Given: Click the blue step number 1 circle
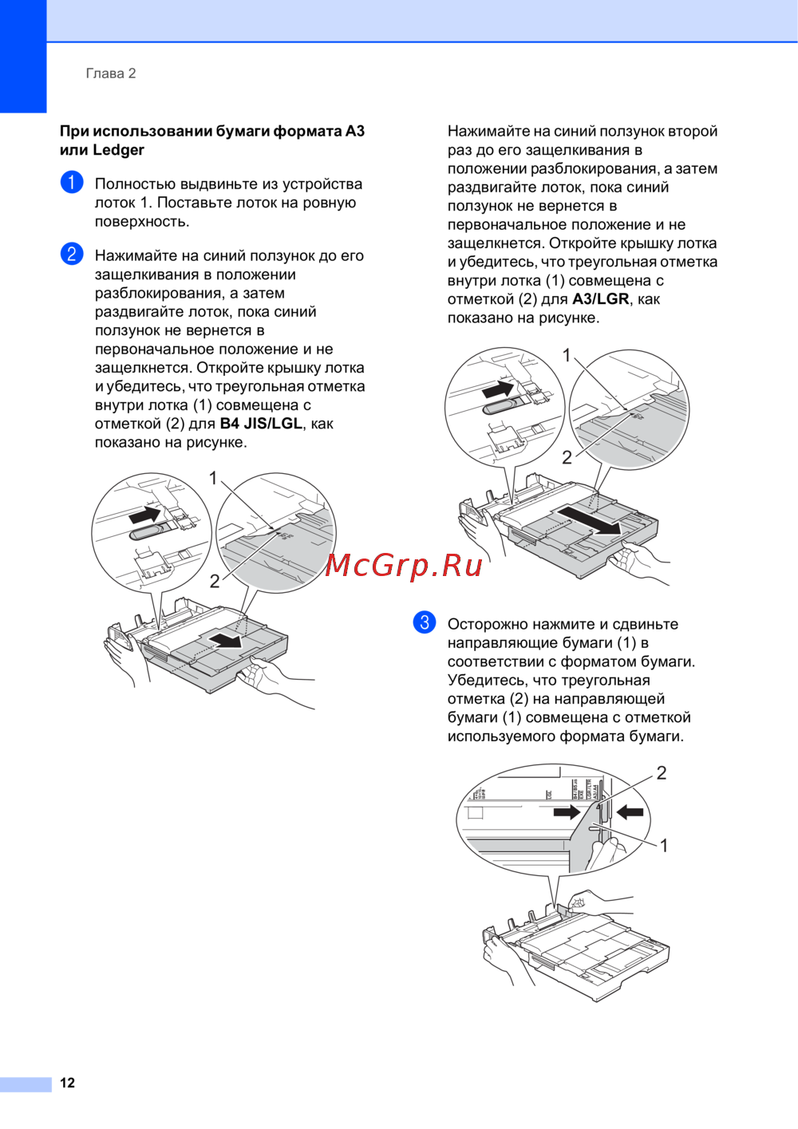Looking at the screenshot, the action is click(x=72, y=182).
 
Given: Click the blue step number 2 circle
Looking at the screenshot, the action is click(x=72, y=254).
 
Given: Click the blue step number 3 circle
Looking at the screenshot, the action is click(x=425, y=622).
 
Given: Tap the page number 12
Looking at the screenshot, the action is click(x=68, y=1083).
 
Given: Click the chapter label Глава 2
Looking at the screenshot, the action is click(x=111, y=73).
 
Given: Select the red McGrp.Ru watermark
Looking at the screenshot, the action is click(x=404, y=566).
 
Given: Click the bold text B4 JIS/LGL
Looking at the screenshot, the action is click(x=261, y=424).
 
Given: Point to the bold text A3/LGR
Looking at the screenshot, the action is click(x=600, y=299).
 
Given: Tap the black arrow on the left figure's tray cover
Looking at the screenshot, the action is click(x=226, y=641).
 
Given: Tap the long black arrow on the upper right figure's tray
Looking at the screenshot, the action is click(x=587, y=521).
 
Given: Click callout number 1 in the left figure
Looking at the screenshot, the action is click(x=214, y=478).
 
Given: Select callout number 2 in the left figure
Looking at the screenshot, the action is click(x=214, y=582).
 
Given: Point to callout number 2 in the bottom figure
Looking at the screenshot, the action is click(x=662, y=772).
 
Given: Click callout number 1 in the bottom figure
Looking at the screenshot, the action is click(x=664, y=845).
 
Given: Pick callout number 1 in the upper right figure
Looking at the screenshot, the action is click(x=567, y=355).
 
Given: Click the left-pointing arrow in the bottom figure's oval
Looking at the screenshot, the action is click(x=630, y=811).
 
